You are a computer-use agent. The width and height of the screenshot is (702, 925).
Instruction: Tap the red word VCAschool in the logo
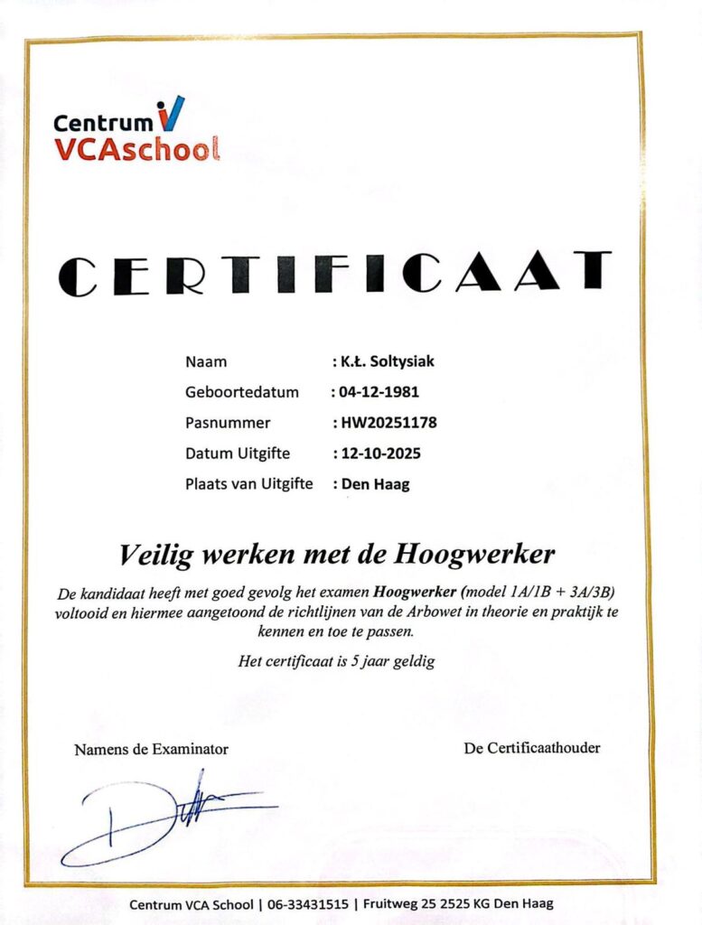[x=136, y=148]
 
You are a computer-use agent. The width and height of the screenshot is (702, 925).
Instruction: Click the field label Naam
[x=206, y=362]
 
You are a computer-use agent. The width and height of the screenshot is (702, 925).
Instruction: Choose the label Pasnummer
[x=228, y=422]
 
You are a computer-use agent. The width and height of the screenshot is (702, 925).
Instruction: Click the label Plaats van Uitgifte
[x=248, y=483]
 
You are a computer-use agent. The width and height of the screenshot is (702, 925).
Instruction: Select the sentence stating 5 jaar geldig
[x=337, y=661]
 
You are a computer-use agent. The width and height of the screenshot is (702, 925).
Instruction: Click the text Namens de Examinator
[x=152, y=749]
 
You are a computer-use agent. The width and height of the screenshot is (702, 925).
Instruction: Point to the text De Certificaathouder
[x=532, y=748]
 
